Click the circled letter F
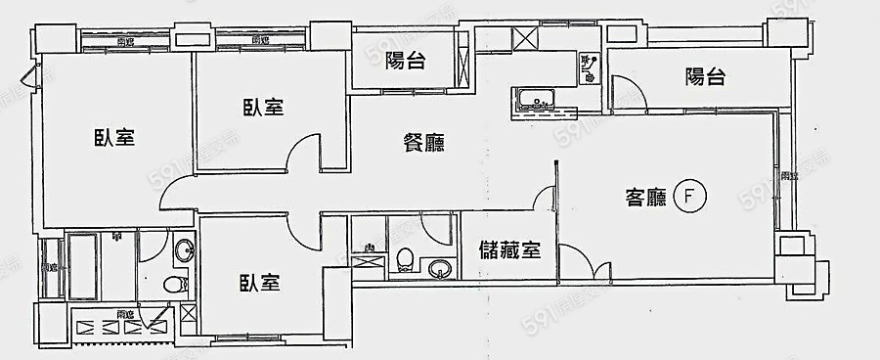pyautogui.click(x=690, y=198)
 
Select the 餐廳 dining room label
pyautogui.click(x=423, y=143)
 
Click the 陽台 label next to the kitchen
pyautogui.click(x=405, y=62)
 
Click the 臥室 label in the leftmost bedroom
pyautogui.click(x=113, y=137)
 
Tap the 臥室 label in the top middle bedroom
pyautogui.click(x=263, y=108)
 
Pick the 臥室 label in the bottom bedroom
pyautogui.click(x=261, y=284)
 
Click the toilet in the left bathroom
pyautogui.click(x=174, y=286)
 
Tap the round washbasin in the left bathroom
pyautogui.click(x=184, y=249)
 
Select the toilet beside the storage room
pyautogui.click(x=405, y=260)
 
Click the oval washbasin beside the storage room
pyautogui.click(x=437, y=266)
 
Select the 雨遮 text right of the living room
pyautogui.click(x=788, y=176)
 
